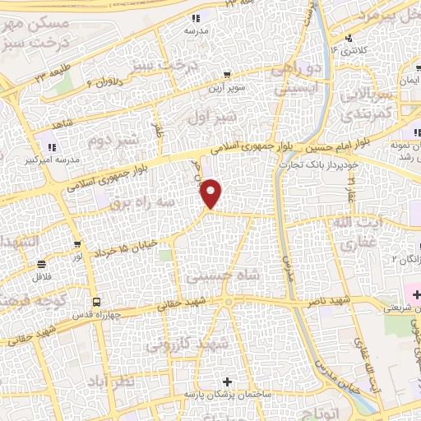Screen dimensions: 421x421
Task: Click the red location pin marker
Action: (212, 194)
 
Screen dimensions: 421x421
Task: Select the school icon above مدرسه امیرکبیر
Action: (52, 148)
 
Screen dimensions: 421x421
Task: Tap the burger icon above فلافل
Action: (41, 265)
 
